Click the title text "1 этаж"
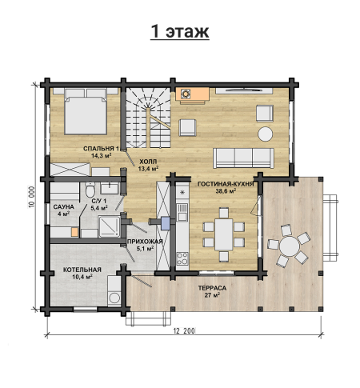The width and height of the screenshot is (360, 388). [180, 31]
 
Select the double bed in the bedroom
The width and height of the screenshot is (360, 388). [86, 111]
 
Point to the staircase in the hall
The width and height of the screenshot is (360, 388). [148, 118]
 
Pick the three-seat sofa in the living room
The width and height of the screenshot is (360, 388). [243, 158]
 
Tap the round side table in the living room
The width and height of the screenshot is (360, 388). [266, 134]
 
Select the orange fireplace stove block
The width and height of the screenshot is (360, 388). [192, 94]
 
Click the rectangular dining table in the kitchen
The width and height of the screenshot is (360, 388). [224, 234]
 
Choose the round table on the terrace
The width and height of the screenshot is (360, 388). [290, 246]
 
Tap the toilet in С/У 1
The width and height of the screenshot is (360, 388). [90, 190]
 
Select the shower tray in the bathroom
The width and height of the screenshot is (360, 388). [110, 226]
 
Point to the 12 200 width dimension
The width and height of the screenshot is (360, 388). [184, 331]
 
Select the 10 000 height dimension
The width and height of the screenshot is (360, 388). [32, 197]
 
